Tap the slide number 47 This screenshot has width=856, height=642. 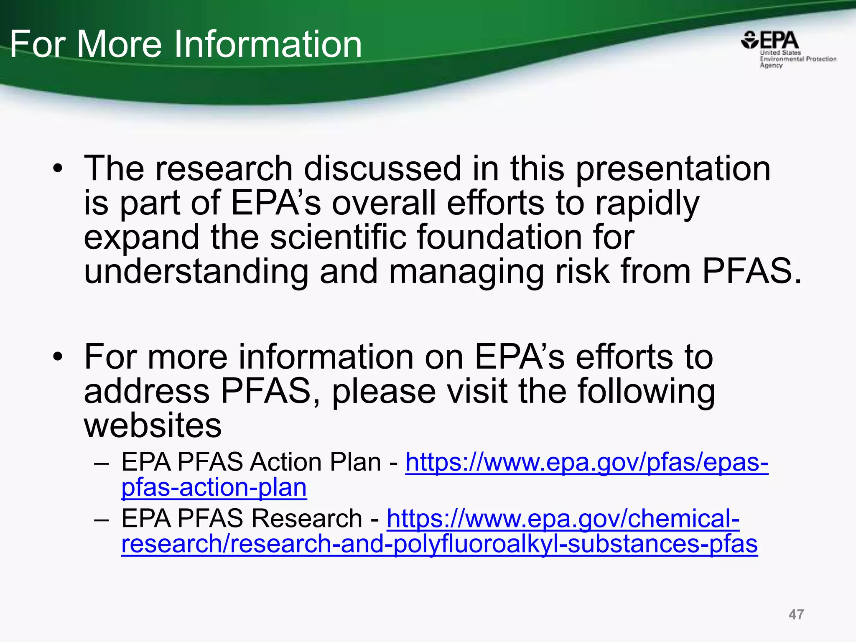coord(796,614)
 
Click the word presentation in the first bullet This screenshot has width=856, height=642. coord(673,169)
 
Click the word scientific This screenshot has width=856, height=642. coord(338,237)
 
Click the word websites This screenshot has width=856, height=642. coord(153,426)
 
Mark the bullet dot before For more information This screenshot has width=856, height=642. coord(58,357)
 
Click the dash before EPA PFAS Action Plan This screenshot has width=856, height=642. coord(102,464)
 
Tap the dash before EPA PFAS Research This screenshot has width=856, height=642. coord(102,520)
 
